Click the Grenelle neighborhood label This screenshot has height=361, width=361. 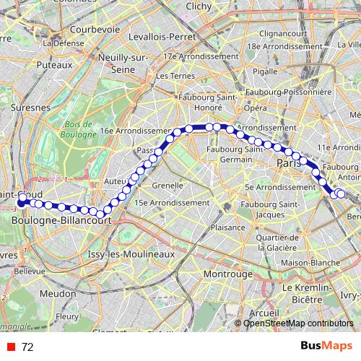point(168,185)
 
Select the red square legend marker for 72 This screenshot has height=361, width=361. point(10,347)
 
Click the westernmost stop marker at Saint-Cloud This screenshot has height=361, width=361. point(22,197)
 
